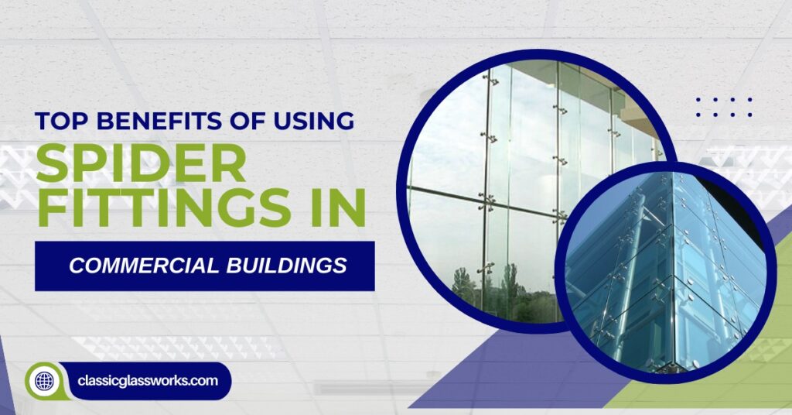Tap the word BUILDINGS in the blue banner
tap(298, 266)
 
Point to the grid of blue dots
tap(723, 107)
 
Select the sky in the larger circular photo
tap(441, 155)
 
